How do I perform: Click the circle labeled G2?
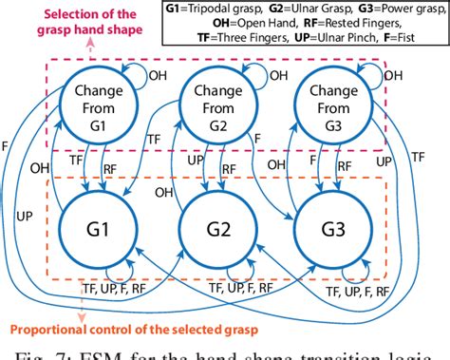[217, 231]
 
